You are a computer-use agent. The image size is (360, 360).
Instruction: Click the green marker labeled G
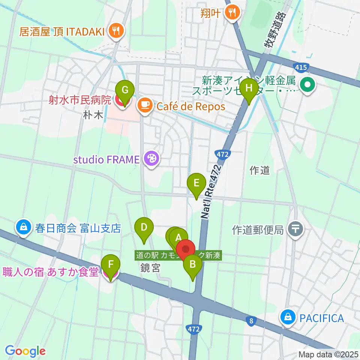(125, 90)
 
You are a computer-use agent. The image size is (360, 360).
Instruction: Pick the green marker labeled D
(144, 227)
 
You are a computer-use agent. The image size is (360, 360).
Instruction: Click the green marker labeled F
(111, 264)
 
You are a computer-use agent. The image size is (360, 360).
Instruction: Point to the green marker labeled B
(192, 265)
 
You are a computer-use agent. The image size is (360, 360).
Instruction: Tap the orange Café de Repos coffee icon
(144, 106)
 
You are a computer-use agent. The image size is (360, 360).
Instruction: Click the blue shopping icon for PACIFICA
(287, 318)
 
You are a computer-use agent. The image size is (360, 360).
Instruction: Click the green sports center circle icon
(307, 85)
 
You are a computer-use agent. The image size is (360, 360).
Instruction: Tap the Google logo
(25, 351)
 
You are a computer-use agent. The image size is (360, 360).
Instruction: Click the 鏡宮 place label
(150, 268)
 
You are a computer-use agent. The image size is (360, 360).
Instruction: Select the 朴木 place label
(93, 115)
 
